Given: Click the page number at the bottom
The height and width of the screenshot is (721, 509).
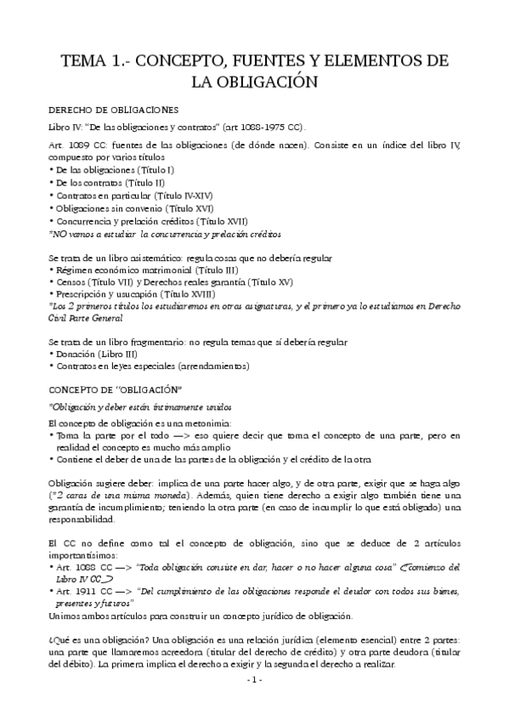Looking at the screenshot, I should (x=254, y=704).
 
